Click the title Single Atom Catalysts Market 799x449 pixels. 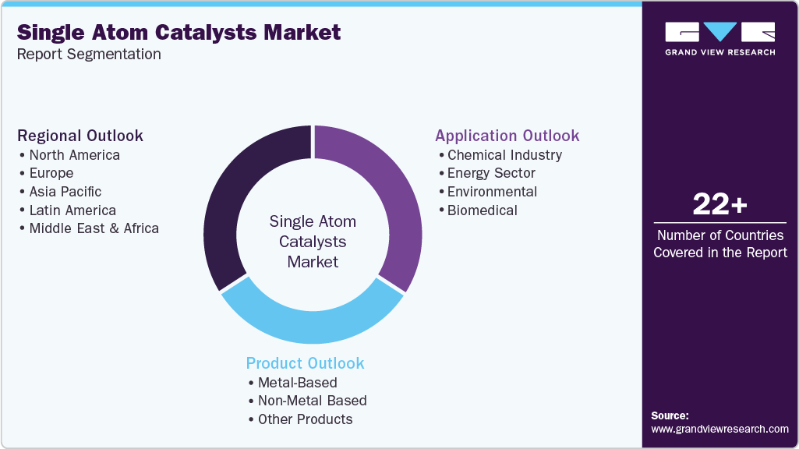[179, 32]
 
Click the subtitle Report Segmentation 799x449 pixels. [89, 55]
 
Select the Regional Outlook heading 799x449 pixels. [80, 136]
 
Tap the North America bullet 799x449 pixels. [75, 154]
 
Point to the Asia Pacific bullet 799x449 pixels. [65, 192]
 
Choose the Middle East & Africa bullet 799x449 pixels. [94, 228]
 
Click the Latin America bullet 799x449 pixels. [72, 210]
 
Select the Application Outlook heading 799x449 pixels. [507, 136]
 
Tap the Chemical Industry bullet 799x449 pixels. [504, 154]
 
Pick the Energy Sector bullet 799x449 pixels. [491, 173]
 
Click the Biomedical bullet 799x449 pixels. [483, 210]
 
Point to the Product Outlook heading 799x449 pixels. [305, 363]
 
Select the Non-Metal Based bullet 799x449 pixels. [312, 401]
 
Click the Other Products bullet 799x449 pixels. [306, 419]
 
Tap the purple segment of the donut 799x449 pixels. [390, 195]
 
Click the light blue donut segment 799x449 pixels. [313, 323]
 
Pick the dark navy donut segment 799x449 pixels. [234, 195]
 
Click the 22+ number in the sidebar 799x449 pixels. [719, 206]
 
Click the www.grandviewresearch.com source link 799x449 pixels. [719, 429]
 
